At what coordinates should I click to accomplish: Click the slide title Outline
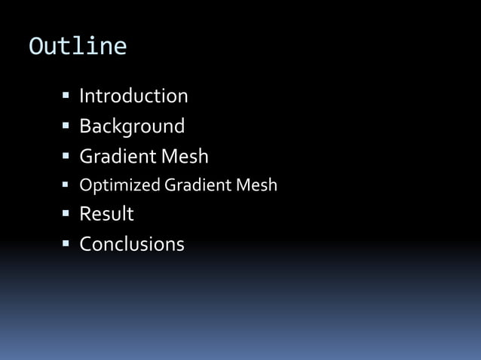coord(78,47)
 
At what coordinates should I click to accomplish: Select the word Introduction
coord(133,96)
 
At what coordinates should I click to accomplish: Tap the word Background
coord(132,126)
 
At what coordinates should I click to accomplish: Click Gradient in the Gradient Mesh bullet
coord(114,157)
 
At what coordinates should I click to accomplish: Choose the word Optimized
coord(119,185)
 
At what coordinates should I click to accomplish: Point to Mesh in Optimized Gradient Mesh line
coord(257,185)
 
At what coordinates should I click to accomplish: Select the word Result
coord(106,214)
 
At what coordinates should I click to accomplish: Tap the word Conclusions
coord(132,244)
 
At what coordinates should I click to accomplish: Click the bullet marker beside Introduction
coord(66,96)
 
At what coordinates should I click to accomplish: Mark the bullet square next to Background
coord(66,125)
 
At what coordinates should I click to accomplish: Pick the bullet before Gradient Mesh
coord(66,156)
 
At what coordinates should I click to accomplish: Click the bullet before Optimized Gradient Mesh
coord(66,185)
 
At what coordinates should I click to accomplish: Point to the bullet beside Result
coord(66,214)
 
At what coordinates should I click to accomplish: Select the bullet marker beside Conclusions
coord(66,244)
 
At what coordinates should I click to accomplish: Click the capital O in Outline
coord(35,47)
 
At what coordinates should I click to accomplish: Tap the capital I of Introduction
coord(82,96)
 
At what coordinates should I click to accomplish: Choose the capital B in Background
coord(85,126)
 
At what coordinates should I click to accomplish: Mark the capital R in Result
coord(85,214)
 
